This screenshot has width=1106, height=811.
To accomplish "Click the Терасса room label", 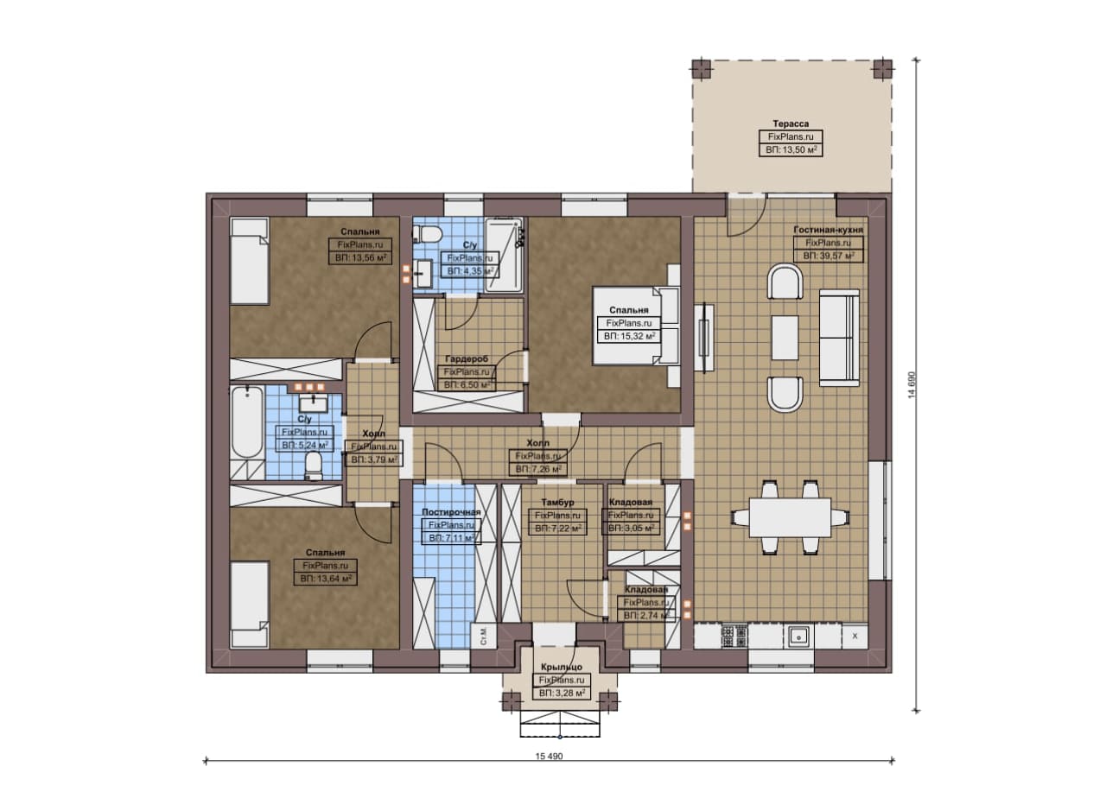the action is click(791, 124).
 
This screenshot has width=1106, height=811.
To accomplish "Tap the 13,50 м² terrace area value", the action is click(791, 149).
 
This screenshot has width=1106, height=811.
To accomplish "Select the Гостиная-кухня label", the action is click(829, 230).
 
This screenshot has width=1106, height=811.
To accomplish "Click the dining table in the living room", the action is click(790, 517).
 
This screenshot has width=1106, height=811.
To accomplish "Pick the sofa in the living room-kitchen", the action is click(839, 338).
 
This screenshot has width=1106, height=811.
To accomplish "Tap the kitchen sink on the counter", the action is click(798, 637).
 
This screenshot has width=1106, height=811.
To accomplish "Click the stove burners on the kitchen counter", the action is click(734, 637).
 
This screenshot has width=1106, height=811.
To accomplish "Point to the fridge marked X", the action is click(855, 637).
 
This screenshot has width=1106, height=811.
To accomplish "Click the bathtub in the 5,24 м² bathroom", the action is click(247, 424).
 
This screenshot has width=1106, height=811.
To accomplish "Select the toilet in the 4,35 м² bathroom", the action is click(425, 234).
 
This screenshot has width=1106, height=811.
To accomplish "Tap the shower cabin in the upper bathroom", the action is click(504, 255).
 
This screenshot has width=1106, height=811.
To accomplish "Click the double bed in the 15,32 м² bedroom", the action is click(635, 326).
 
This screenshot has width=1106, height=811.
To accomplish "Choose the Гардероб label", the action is click(466, 358).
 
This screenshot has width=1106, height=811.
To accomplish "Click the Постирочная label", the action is click(450, 512).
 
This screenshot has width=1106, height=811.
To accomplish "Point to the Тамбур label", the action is click(557, 503).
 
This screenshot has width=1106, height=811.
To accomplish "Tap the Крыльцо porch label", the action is click(562, 667).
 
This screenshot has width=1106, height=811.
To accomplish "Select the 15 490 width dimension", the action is click(549, 757).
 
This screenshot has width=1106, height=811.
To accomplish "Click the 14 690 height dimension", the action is click(912, 384).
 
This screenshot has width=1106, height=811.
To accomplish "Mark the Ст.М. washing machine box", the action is click(483, 637).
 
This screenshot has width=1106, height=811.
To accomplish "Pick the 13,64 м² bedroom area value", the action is click(326, 579).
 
